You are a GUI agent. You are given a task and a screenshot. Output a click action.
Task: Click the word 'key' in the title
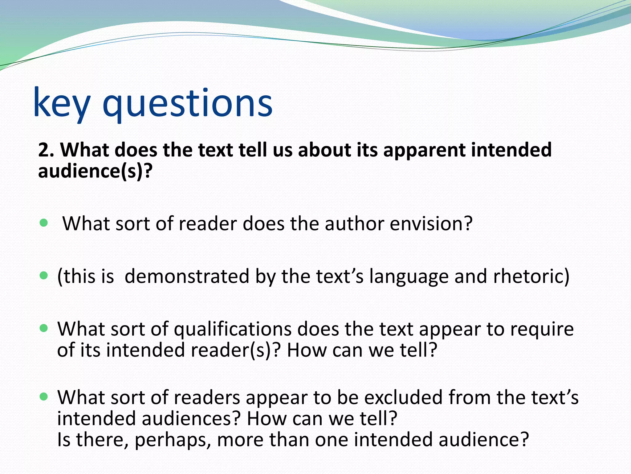click(x=62, y=103)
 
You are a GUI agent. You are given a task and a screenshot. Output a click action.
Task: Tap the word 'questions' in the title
click(x=187, y=103)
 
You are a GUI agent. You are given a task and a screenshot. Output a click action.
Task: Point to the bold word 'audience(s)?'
click(x=95, y=171)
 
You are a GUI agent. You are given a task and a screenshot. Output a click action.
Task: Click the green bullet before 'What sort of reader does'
click(x=44, y=222)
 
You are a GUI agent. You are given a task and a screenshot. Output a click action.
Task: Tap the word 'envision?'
click(x=431, y=224)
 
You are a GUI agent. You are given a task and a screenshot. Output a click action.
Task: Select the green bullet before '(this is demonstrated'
click(x=44, y=275)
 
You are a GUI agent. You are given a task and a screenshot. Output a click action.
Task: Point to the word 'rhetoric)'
click(x=531, y=276)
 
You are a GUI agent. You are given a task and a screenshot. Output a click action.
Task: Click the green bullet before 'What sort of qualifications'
click(x=44, y=328)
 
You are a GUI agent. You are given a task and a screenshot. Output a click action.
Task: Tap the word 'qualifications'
click(x=233, y=329)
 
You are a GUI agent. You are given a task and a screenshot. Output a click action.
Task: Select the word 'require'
click(x=542, y=329)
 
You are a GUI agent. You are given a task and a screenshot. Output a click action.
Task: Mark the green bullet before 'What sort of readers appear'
click(x=44, y=396)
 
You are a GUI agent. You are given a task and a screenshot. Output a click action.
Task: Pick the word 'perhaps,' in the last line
click(x=173, y=439)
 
